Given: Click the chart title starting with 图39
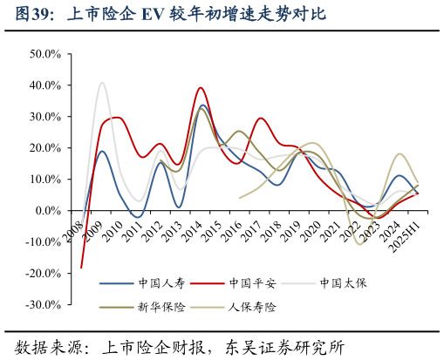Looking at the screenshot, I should tap(171, 15).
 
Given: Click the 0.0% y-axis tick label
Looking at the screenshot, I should tap(46, 211).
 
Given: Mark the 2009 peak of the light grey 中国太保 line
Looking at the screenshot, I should tap(102, 83).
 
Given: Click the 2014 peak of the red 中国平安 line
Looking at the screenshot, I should tap(202, 88).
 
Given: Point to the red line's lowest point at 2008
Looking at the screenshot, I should tap(82, 268).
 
